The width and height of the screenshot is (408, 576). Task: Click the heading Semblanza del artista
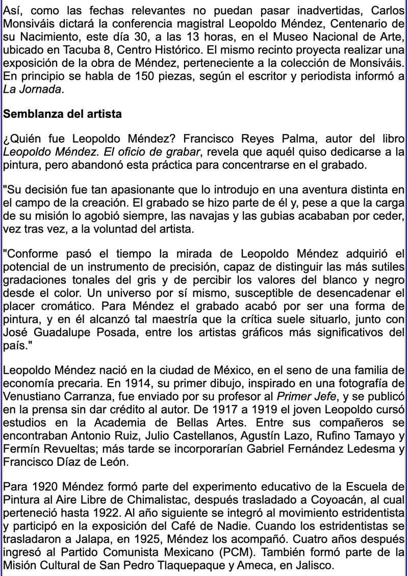tap(62, 114)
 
